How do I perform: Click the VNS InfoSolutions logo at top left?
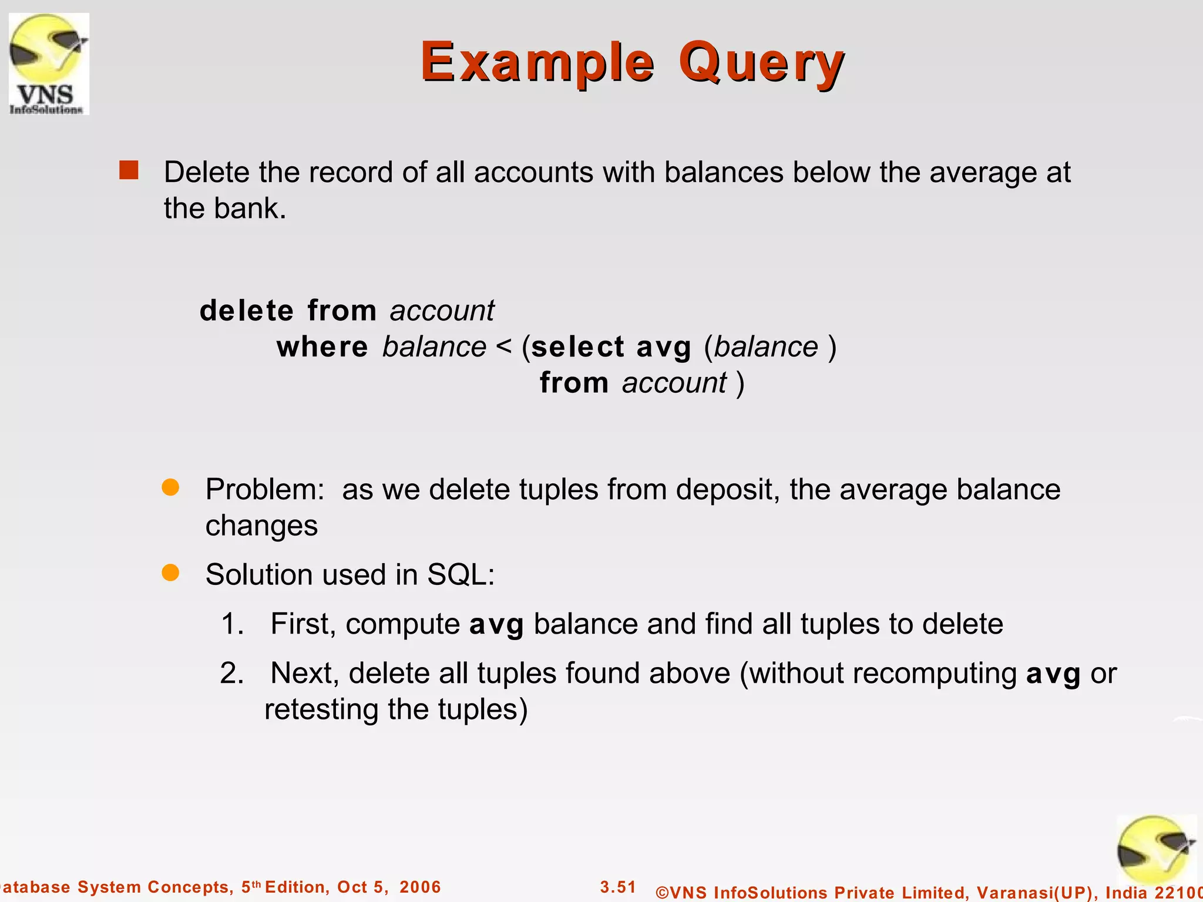pyautogui.click(x=49, y=63)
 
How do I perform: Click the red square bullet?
pyautogui.click(x=129, y=170)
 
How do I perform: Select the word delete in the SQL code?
pyautogui.click(x=247, y=310)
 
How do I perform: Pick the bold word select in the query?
pyautogui.click(x=577, y=346)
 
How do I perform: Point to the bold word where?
pyautogui.click(x=322, y=346)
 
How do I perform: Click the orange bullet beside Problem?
pyautogui.click(x=170, y=487)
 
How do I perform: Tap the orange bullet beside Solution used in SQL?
pyautogui.click(x=170, y=573)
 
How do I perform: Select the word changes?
pyautogui.click(x=261, y=526)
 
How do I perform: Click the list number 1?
pyautogui.click(x=232, y=624)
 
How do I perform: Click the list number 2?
pyautogui.click(x=232, y=673)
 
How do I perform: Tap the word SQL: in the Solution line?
pyautogui.click(x=461, y=574)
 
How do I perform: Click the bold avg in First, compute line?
pyautogui.click(x=496, y=625)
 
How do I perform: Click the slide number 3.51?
pyautogui.click(x=618, y=887)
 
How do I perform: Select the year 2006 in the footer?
pyautogui.click(x=420, y=887)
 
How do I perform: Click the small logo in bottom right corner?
pyautogui.click(x=1155, y=850)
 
